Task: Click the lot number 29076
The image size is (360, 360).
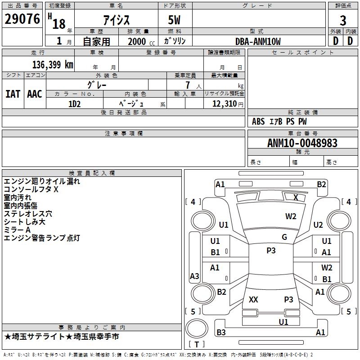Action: pos(22,19)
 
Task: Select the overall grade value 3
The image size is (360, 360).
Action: pos(343,21)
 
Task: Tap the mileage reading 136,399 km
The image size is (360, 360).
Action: pos(53,65)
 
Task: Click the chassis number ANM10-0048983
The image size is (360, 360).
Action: pos(302,143)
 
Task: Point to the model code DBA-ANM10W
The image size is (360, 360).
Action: pos(258,41)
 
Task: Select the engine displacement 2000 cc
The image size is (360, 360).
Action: pos(141,41)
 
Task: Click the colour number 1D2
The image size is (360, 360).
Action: pos(74,104)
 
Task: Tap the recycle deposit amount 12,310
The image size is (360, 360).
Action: pos(225,104)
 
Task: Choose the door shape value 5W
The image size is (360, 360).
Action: pos(174,20)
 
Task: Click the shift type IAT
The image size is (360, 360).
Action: pos(13,94)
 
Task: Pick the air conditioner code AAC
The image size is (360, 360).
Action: pos(35,94)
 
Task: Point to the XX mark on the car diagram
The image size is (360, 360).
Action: pos(253,299)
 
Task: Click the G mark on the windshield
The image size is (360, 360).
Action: pos(284,237)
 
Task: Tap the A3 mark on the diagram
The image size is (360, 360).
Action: pos(194,276)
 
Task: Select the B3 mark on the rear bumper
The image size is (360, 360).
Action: pos(221,332)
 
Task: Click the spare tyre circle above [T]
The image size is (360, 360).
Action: pos(197,328)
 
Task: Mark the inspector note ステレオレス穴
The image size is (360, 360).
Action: pos(28,214)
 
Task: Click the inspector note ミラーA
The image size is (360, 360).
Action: pos(17,230)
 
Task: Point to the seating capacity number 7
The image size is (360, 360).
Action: pos(188,85)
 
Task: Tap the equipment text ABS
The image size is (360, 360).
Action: pos(258,121)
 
